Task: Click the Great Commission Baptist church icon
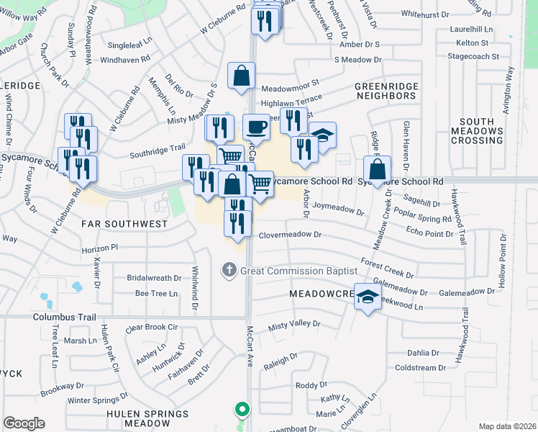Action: click(229, 271)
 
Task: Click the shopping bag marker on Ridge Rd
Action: click(377, 171)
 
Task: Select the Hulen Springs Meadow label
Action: click(147, 420)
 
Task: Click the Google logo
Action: click(24, 423)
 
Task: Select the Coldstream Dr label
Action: click(421, 368)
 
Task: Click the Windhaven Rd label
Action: click(126, 58)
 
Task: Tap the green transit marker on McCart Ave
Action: click(242, 410)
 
